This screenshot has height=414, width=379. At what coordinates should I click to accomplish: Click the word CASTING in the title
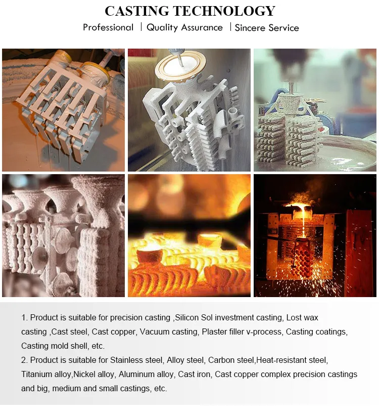click(137, 11)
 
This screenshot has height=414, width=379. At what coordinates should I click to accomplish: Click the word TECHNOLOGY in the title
click(224, 11)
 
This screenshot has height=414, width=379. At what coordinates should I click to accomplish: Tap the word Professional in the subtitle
click(108, 27)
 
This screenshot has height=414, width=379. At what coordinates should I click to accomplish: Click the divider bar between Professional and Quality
click(141, 27)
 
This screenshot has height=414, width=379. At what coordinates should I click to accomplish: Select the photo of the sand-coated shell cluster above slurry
click(315, 110)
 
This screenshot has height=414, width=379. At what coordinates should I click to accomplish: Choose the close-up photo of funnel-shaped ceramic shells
click(63, 235)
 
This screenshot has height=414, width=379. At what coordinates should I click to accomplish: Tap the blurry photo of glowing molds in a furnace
click(189, 235)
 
